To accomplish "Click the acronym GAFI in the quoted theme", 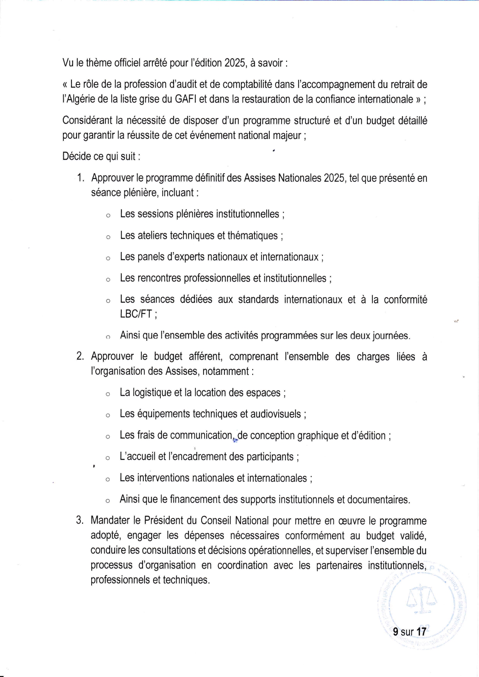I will tap(185, 100).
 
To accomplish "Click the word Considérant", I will tap(87, 121).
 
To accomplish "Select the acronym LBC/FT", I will tap(136, 314).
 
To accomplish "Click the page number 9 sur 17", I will tap(409, 632).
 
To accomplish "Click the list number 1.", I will tap(80, 178).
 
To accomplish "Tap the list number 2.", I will tap(80, 356).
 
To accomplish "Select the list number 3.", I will tap(80, 520).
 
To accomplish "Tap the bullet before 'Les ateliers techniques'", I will tap(108, 237).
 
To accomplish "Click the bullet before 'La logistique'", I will tap(108, 394).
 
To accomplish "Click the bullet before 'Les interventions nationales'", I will tap(108, 479).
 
